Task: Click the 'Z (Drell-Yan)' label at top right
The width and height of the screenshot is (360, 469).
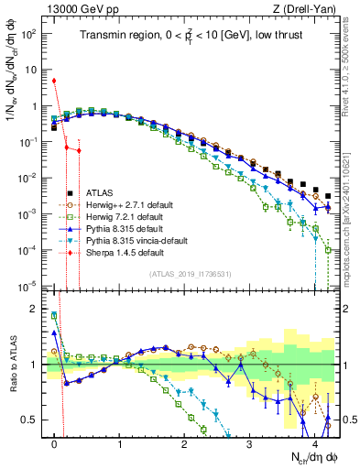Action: pyautogui.click(x=304, y=9)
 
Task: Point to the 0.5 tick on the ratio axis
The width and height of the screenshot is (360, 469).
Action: pyautogui.click(x=33, y=420)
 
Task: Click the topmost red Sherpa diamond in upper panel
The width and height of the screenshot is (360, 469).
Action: pyautogui.click(x=55, y=81)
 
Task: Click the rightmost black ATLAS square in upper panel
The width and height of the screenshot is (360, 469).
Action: pyautogui.click(x=328, y=196)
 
